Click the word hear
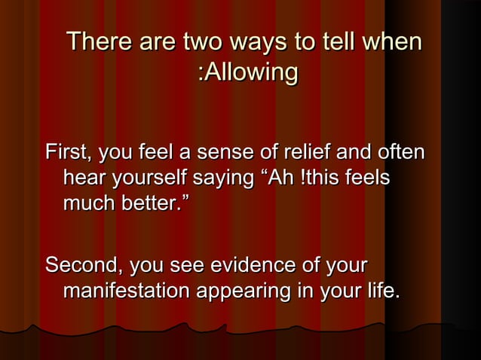(84, 180)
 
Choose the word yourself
(150, 181)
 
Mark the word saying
(225, 181)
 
